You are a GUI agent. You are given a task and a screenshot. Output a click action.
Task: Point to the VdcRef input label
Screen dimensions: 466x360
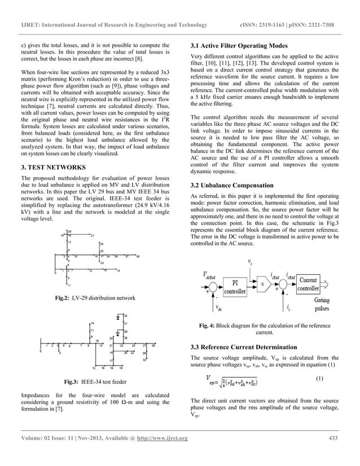211,275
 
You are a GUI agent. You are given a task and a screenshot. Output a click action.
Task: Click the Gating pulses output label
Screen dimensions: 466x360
322,305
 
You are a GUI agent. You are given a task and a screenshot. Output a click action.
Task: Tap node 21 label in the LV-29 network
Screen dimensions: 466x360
92,235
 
